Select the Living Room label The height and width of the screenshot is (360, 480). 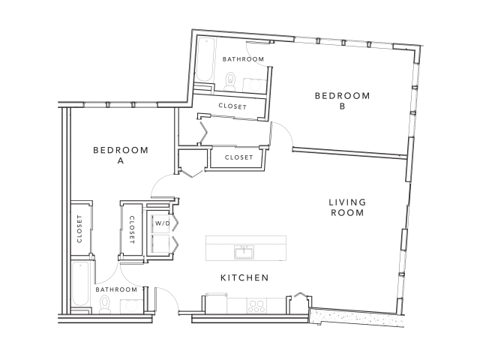pyautogui.click(x=346, y=207)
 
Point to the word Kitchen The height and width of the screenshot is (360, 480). pyautogui.click(x=244, y=278)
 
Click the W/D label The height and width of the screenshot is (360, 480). pyautogui.click(x=161, y=223)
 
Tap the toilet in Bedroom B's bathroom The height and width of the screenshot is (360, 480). pyautogui.click(x=230, y=80)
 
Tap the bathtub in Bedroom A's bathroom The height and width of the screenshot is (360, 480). pyautogui.click(x=79, y=285)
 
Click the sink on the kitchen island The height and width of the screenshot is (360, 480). pyautogui.click(x=243, y=249)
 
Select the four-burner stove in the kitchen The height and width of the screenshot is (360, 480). pyautogui.click(x=258, y=305)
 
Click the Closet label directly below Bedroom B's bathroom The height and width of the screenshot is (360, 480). pyautogui.click(x=232, y=106)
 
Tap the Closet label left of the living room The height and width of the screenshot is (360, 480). pyautogui.click(x=238, y=157)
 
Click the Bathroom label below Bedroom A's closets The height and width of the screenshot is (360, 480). pyautogui.click(x=116, y=289)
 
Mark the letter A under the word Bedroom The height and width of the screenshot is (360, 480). pyautogui.click(x=120, y=160)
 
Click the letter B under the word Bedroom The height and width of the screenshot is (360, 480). pyautogui.click(x=342, y=106)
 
